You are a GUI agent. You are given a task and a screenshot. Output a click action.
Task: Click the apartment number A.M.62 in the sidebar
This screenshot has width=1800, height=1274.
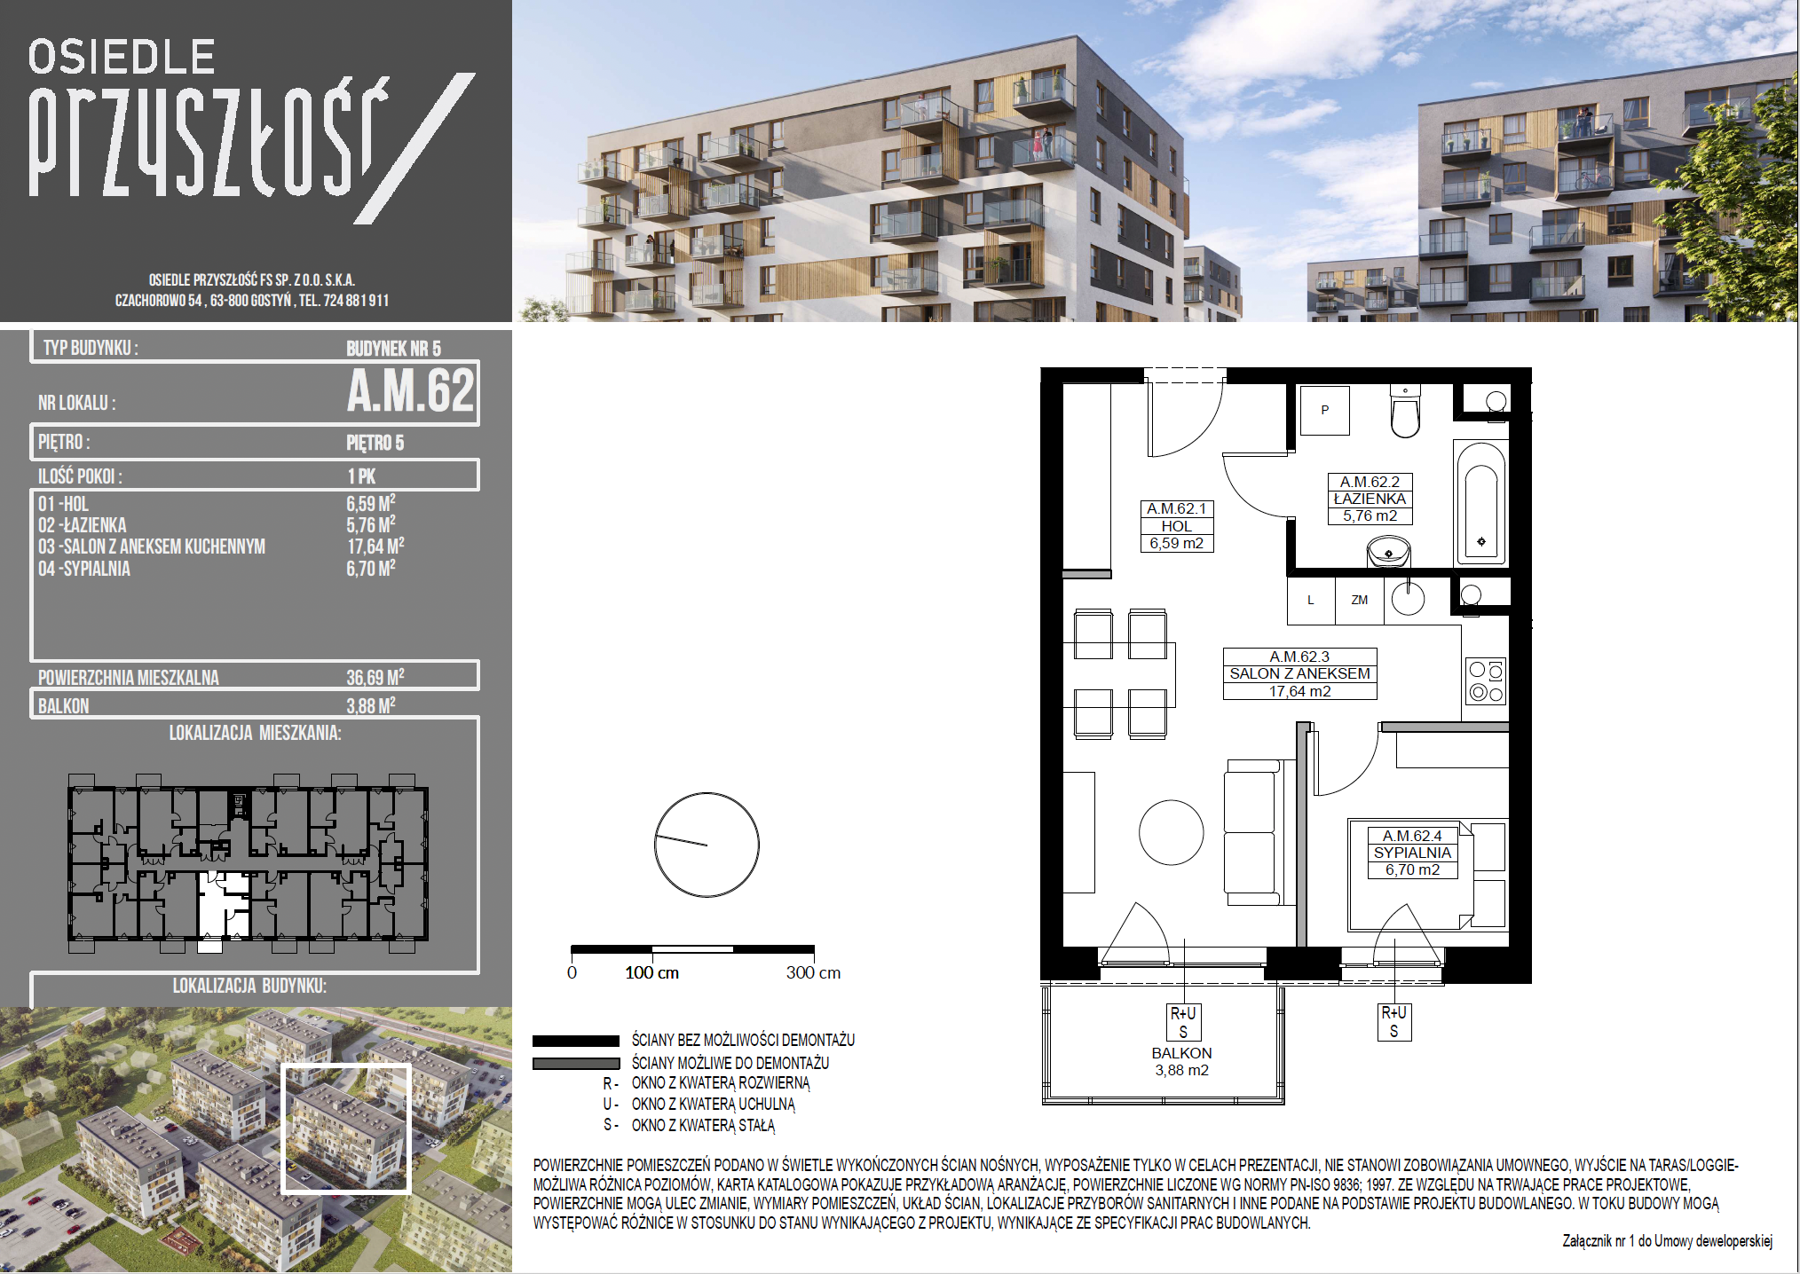pos(411,390)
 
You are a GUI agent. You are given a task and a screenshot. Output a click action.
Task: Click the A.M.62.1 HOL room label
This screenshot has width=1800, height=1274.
pos(1176,525)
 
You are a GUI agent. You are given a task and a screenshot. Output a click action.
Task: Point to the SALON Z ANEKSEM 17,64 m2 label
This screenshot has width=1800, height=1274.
pos(1299,673)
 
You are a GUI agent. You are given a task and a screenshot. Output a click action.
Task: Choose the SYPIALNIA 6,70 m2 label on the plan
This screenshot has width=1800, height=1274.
pos(1412,853)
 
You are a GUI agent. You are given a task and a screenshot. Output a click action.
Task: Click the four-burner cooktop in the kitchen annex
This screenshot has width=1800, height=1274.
pos(1485,681)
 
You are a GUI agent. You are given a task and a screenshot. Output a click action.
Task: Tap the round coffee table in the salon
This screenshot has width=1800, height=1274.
pos(1171,832)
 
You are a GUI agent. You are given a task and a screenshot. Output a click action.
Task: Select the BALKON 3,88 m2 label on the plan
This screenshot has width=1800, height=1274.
pos(1181,1061)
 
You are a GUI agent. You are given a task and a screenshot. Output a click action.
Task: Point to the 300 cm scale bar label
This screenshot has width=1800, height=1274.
pos(813,972)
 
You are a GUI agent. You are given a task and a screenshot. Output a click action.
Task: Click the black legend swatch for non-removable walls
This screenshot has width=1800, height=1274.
pos(576,1041)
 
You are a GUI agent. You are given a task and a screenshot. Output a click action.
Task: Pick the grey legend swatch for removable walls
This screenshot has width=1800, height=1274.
pos(576,1063)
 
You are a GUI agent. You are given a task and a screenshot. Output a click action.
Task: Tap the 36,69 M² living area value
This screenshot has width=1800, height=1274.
pos(375,677)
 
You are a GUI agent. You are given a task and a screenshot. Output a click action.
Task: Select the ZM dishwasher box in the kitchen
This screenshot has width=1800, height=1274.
pos(1359,601)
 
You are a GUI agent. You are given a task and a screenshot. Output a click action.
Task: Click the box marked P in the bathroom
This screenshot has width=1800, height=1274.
pos(1324,410)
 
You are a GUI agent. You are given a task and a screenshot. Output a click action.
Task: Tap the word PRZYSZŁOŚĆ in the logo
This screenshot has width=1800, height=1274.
pos(209,138)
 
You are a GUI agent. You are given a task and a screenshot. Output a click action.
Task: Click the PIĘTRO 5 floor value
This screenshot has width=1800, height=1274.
pos(375,443)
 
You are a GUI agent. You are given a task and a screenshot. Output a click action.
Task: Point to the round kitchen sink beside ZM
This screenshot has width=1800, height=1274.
pos(1408,599)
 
